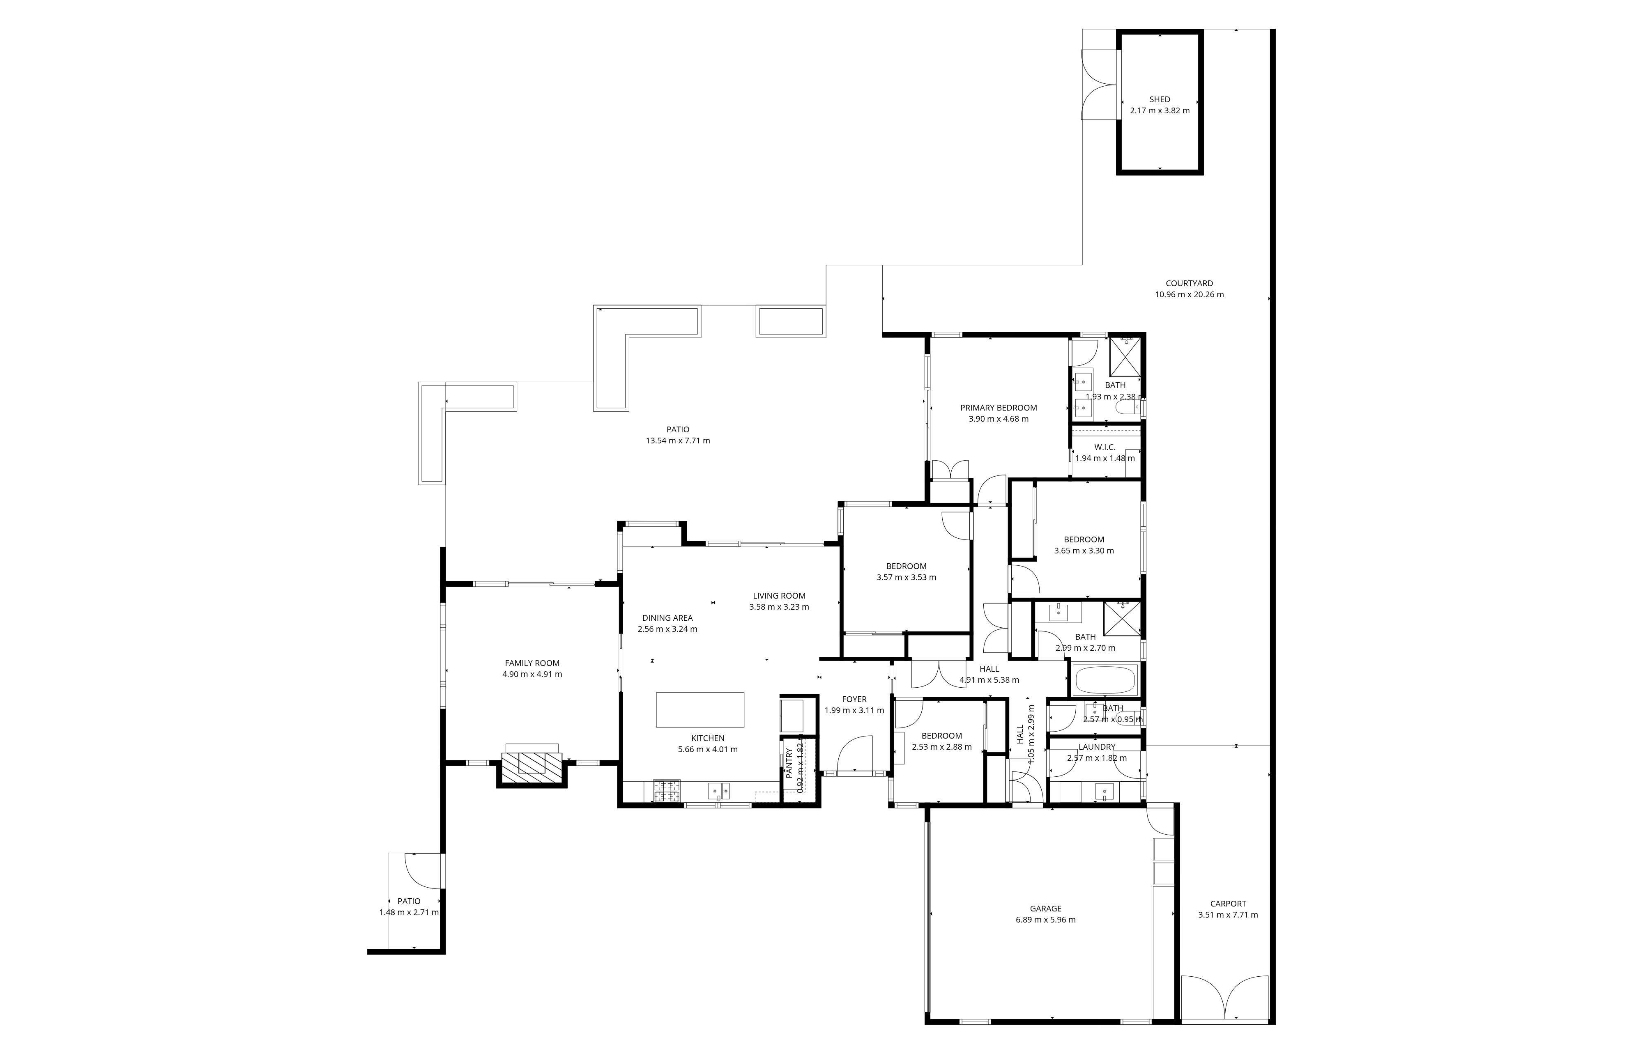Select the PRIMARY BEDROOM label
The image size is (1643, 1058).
[x=999, y=407]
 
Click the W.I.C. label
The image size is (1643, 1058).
[x=1105, y=447]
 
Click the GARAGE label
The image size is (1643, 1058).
[x=1045, y=908]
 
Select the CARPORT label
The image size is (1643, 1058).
[x=1228, y=903]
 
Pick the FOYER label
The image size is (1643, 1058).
[x=854, y=699]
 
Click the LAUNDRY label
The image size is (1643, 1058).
[x=1097, y=747]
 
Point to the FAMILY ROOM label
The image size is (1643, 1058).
[x=532, y=663]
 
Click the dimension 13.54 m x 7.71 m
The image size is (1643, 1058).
[x=678, y=441]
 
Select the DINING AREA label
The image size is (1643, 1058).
[x=667, y=617]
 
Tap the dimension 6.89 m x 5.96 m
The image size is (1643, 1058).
[x=1045, y=919]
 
